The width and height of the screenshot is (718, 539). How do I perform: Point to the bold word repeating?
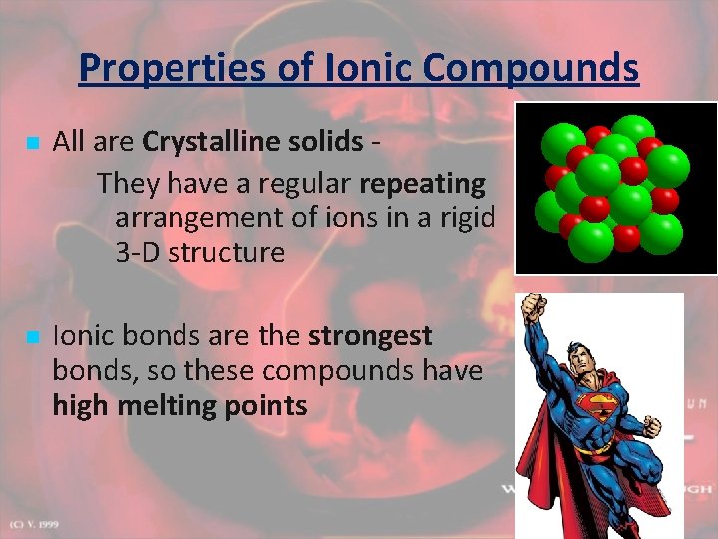point(422,184)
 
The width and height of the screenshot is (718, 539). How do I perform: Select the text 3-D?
point(138,252)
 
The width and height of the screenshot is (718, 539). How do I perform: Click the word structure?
point(226,252)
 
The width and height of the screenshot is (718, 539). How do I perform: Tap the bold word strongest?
point(370,336)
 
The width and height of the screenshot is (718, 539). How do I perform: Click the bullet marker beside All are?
point(34,144)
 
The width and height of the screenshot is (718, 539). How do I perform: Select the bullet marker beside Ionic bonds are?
point(34,339)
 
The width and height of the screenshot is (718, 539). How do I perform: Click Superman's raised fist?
point(536,305)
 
